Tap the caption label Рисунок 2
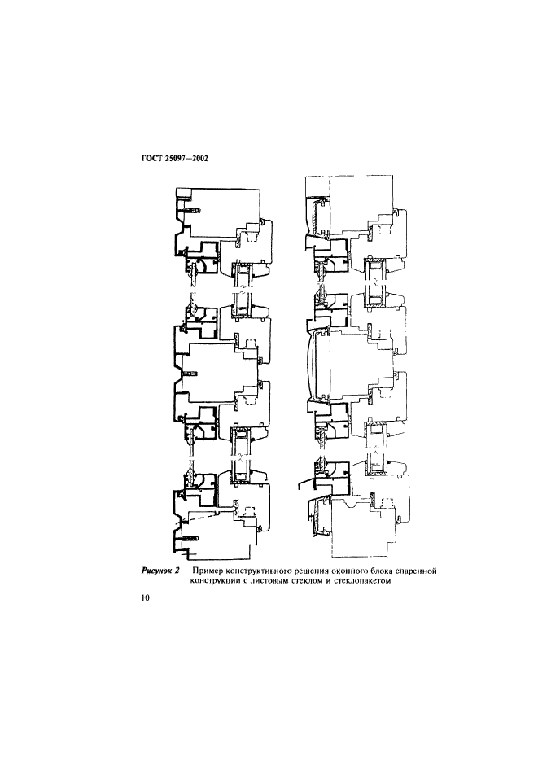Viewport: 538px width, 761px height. [158, 571]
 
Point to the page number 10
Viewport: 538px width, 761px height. [146, 598]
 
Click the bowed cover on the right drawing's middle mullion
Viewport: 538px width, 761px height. [310, 364]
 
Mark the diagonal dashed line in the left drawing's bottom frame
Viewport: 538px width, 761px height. [203, 516]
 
